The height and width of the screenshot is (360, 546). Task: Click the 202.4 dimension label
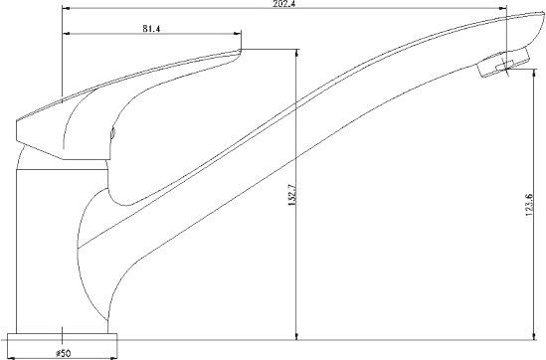[284, 4]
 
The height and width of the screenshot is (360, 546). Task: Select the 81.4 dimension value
[151, 29]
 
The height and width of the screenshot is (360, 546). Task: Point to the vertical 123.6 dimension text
[529, 205]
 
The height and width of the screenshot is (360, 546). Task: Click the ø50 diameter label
[63, 353]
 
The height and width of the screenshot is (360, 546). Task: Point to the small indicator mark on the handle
[112, 133]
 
